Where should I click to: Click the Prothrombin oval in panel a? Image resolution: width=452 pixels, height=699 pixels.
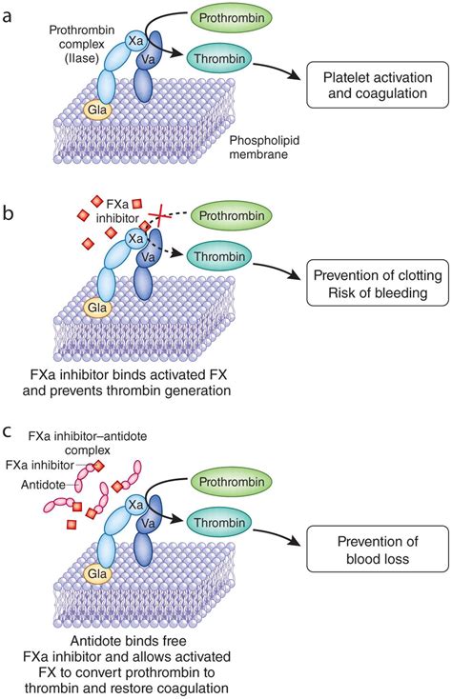coord(231,18)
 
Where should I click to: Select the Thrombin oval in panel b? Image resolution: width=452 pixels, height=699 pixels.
coord(219,256)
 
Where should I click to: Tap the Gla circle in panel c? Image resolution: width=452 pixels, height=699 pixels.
coord(97,573)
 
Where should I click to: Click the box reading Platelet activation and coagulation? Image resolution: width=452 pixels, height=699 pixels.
coord(378,85)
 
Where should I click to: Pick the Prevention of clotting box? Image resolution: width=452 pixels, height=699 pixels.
coord(378,283)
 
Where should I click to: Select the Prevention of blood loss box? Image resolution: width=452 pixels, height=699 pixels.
coord(378,549)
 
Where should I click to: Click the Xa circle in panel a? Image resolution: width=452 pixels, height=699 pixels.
coord(135,41)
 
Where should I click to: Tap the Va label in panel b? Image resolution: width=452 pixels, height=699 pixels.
coord(148,257)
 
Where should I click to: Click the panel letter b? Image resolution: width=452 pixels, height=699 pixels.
coord(8,213)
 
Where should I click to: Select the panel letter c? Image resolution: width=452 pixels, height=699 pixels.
coord(7,431)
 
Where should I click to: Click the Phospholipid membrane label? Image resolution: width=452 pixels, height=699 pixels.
coord(264,148)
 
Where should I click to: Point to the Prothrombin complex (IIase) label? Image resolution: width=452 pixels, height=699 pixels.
coord(82,44)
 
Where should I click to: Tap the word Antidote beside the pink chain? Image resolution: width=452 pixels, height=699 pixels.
coord(43,485)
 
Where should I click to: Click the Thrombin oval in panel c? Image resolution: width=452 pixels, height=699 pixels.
coord(219,523)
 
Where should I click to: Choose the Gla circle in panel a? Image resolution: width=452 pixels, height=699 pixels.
coord(97,109)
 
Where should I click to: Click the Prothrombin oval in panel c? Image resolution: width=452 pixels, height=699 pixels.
coord(231,482)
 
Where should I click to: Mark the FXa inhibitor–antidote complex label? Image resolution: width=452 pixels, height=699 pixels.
coord(88,443)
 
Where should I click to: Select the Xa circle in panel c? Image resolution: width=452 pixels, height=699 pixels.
coord(135,505)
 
